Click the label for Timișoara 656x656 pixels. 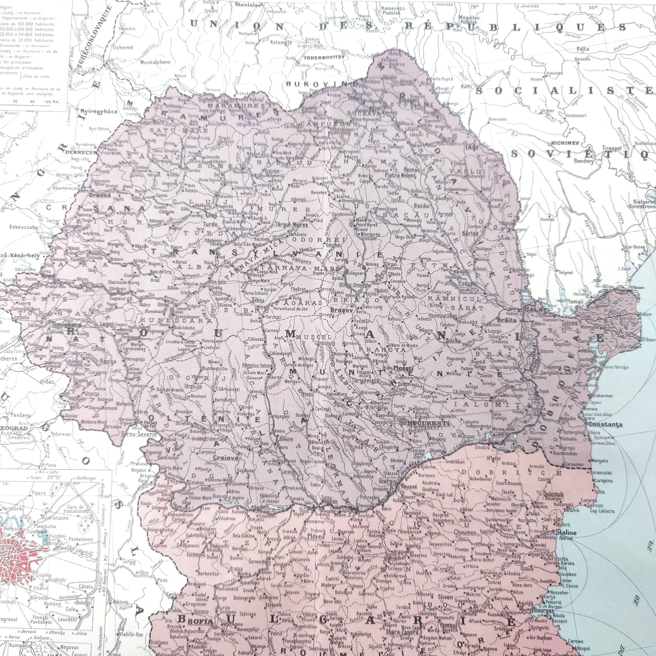coord(61,324)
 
